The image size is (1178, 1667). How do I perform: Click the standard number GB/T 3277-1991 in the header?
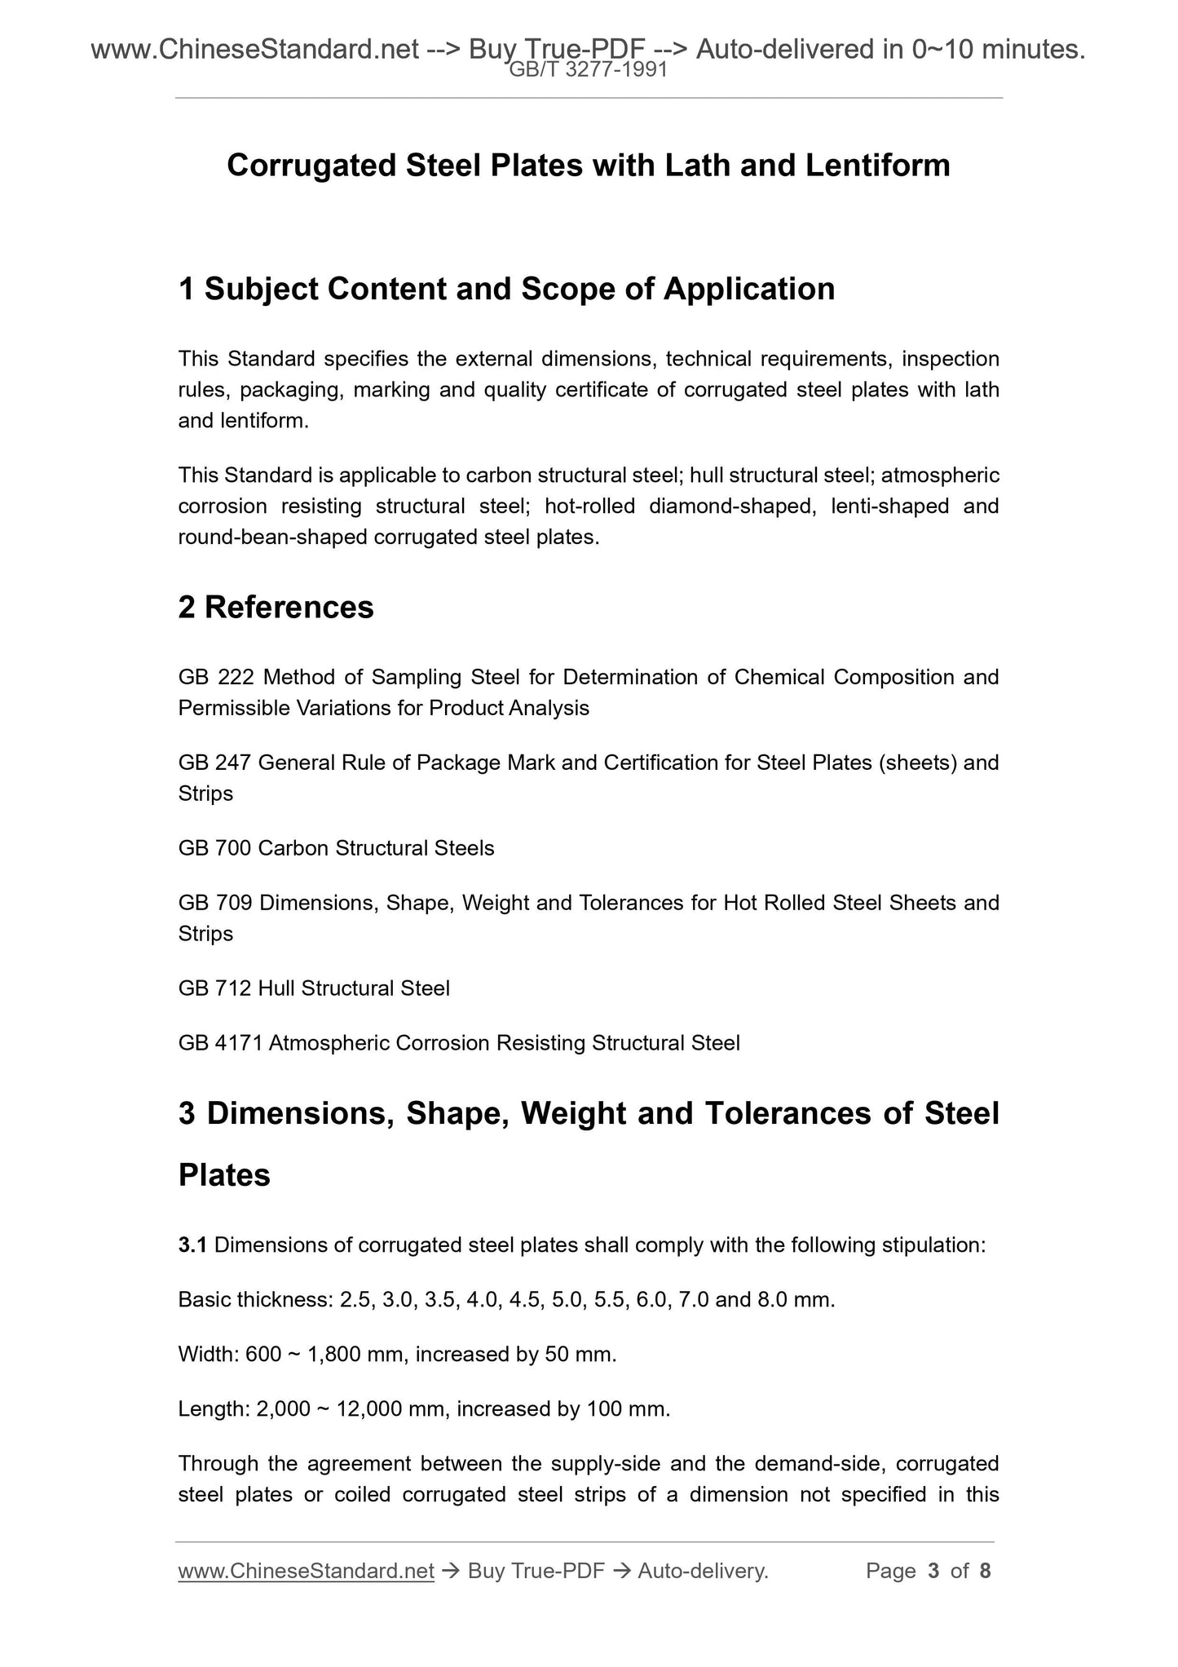[588, 70]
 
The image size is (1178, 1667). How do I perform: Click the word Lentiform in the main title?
[877, 166]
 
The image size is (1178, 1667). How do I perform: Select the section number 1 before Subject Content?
[187, 290]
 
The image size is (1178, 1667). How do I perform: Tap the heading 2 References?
[276, 608]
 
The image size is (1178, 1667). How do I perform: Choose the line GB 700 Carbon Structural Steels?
[336, 848]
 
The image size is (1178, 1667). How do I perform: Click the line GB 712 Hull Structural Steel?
[314, 988]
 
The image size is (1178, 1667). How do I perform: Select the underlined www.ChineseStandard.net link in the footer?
[306, 1571]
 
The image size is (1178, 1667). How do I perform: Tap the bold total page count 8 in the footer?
[985, 1571]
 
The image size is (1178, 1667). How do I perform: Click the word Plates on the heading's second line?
[224, 1175]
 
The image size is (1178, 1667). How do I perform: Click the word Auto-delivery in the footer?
[703, 1571]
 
